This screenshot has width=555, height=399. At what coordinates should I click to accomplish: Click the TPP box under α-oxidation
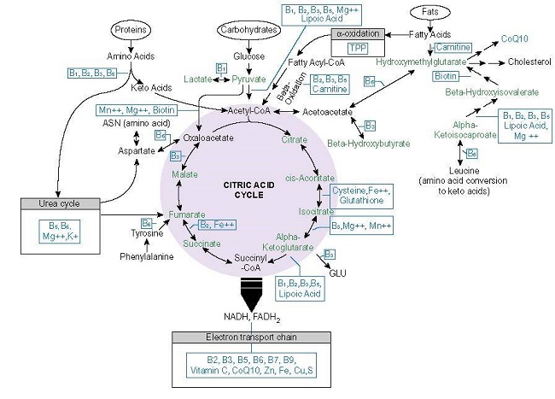coord(357,48)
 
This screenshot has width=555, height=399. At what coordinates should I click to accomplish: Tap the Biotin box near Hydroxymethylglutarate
coord(444,76)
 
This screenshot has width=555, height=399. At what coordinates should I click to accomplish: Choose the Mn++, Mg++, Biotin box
coord(136,110)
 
